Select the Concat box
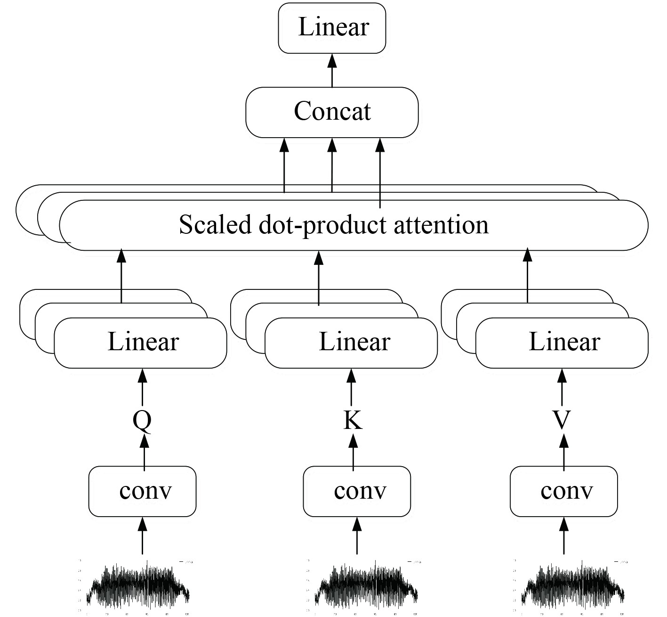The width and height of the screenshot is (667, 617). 332,112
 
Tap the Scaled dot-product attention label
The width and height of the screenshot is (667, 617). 333,225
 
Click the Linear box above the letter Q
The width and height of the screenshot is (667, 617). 141,343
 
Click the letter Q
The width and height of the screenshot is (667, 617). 142,420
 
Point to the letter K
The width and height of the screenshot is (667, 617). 353,420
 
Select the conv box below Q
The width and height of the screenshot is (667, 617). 143,491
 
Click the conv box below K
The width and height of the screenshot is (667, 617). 357,491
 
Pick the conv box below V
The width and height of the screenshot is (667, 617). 564,491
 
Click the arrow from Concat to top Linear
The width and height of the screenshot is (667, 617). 332,71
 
